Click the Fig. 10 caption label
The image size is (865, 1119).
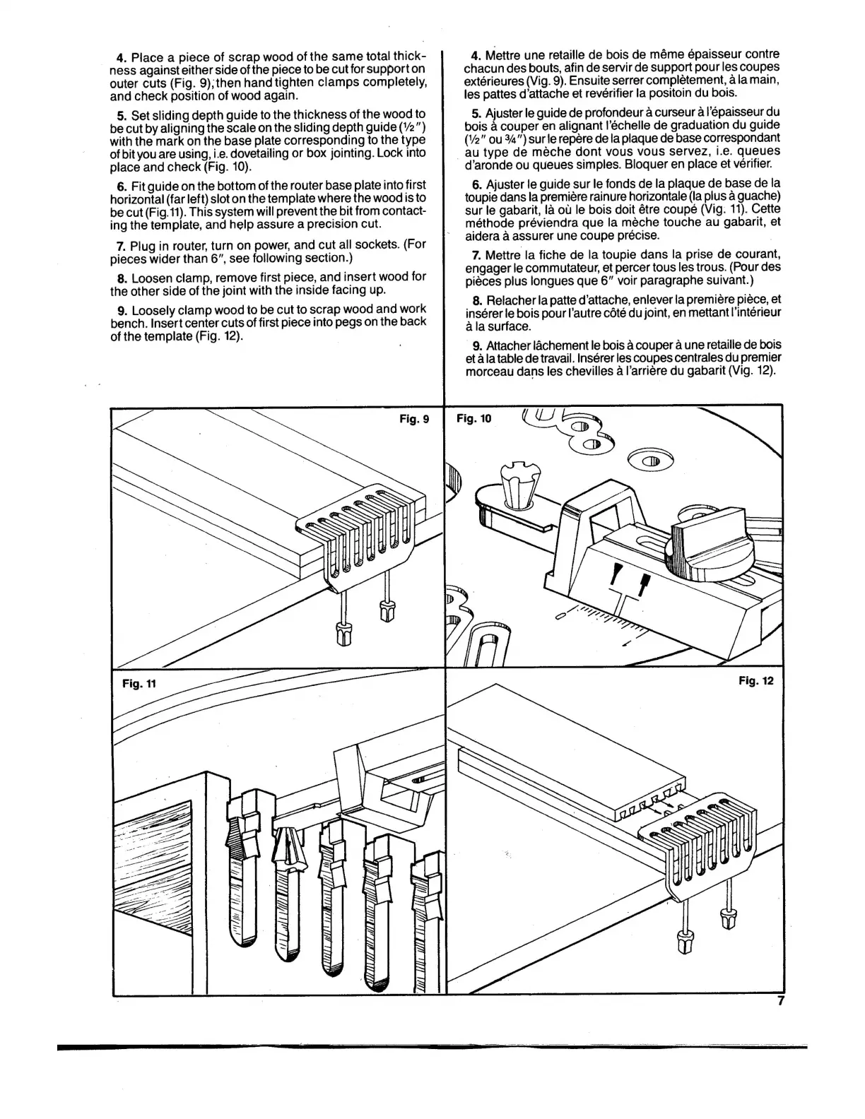[473, 419]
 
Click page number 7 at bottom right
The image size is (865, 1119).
[780, 1000]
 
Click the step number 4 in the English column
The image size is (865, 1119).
[119, 57]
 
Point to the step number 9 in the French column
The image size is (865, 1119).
[476, 345]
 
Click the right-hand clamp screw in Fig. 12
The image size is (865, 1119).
[725, 918]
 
